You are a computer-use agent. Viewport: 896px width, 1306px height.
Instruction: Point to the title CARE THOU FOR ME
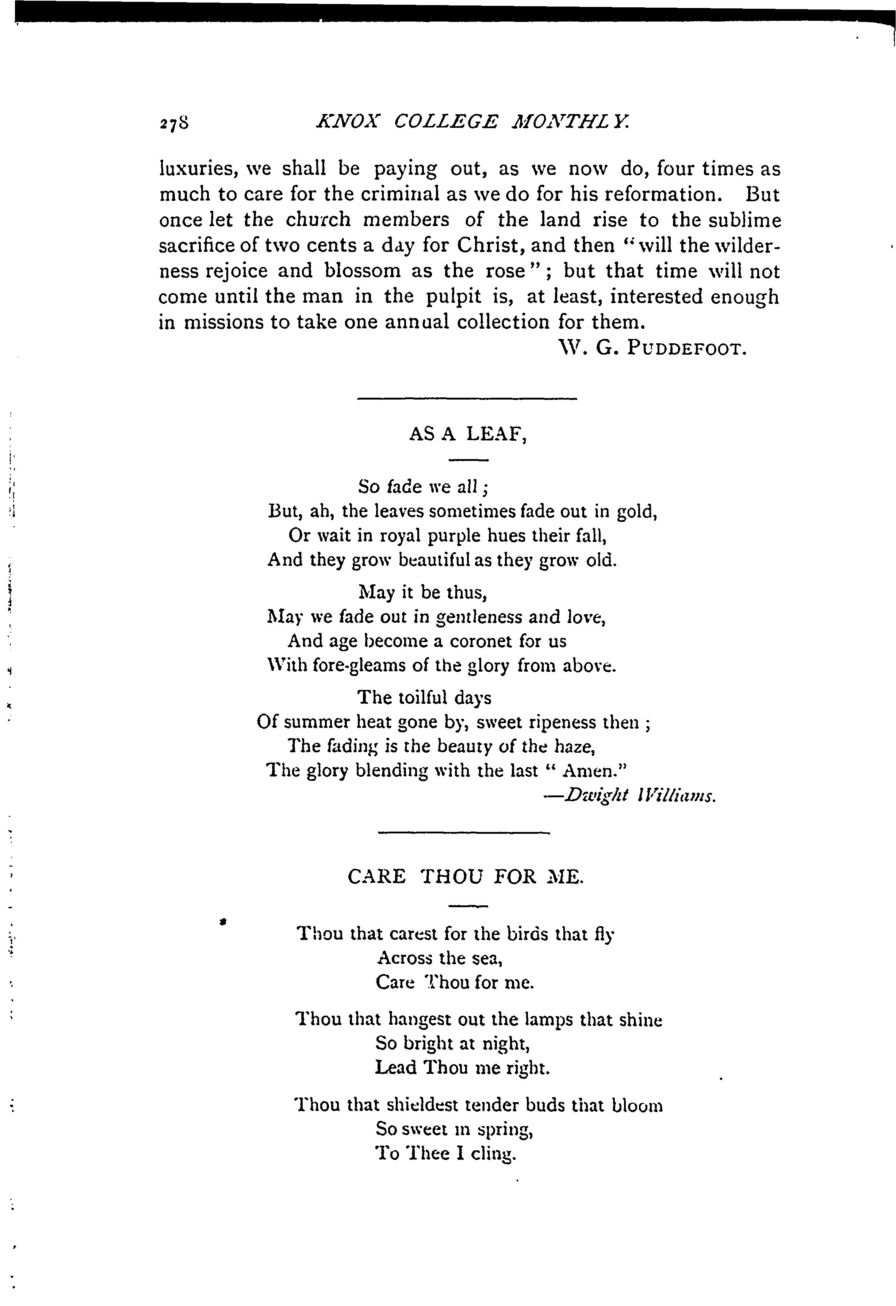(466, 876)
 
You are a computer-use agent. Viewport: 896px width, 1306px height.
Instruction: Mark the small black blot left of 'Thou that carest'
(223, 921)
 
